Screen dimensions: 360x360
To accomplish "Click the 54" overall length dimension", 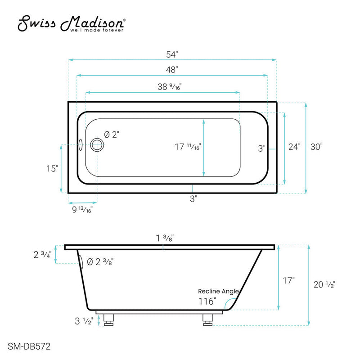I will click(x=172, y=54).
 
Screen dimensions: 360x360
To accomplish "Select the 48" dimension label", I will click(x=172, y=70).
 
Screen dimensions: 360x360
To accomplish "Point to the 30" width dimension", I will click(x=316, y=147).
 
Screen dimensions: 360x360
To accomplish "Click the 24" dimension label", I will click(x=294, y=147).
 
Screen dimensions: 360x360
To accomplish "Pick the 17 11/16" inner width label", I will click(x=188, y=147).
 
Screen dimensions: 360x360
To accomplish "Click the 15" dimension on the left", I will click(x=52, y=169).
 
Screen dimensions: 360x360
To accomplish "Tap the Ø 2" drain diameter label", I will click(x=112, y=134).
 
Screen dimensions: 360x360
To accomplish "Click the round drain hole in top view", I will click(x=97, y=145).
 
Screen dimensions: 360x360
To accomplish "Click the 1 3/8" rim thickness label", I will click(x=163, y=239).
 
